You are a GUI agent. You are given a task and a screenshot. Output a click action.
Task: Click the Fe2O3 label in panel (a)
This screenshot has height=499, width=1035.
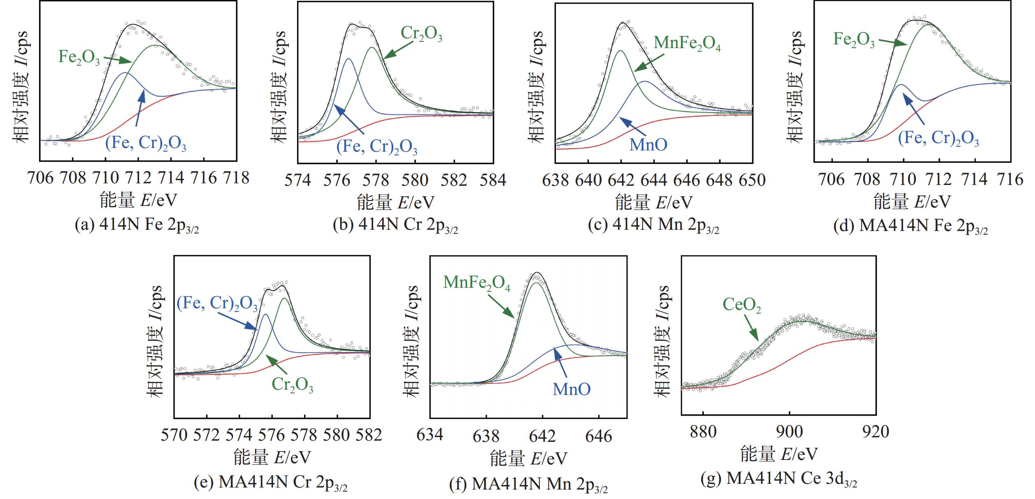(x=79, y=57)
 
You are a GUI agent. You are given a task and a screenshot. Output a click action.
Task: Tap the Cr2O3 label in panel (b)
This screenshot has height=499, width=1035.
(x=421, y=34)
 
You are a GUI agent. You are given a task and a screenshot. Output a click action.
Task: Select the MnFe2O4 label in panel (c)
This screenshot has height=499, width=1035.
(x=687, y=43)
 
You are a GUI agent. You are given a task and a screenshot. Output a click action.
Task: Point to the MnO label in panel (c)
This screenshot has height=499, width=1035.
(x=648, y=145)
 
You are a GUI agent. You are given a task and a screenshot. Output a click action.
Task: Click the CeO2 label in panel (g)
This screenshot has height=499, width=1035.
(x=742, y=305)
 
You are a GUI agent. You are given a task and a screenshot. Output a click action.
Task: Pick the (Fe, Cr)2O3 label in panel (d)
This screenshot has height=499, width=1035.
(x=938, y=139)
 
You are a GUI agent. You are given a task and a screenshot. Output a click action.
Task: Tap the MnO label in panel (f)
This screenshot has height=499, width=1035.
(x=572, y=389)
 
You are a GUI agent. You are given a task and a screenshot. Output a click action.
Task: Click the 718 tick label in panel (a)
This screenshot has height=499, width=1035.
(x=236, y=178)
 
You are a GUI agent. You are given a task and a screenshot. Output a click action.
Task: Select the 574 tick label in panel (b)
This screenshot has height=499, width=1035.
(x=298, y=180)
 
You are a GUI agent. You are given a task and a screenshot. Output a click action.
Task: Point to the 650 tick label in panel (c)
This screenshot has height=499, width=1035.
(x=752, y=180)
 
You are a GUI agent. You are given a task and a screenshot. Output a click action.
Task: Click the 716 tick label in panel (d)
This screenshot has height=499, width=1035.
(x=1010, y=180)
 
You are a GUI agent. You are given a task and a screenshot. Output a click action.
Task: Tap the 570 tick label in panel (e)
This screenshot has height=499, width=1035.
(x=174, y=435)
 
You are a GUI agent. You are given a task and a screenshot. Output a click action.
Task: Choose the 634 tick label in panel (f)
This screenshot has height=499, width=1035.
(x=430, y=435)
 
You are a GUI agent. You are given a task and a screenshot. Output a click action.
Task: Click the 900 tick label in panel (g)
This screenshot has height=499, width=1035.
(x=789, y=432)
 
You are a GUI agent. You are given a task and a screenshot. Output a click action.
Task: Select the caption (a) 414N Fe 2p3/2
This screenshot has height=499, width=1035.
(x=137, y=226)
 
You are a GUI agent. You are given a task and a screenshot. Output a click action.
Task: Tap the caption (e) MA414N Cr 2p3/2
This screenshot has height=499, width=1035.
(x=270, y=483)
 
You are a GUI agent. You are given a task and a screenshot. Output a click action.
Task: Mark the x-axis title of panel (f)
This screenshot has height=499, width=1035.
(x=528, y=459)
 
